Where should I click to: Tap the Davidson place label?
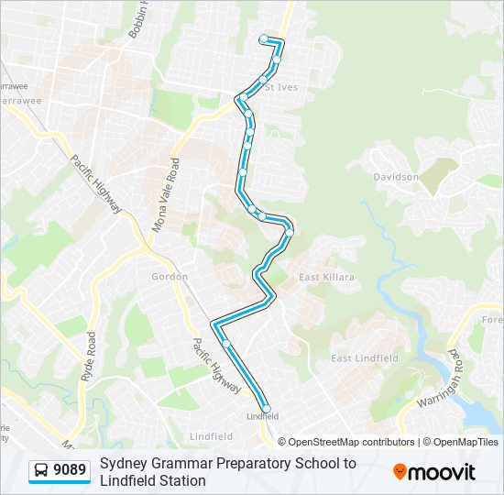396,177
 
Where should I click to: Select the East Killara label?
326,277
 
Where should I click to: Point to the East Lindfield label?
365,358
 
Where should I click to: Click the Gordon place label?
170,276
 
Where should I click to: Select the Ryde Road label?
88,357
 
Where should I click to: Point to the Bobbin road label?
139,18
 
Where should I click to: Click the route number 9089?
70,471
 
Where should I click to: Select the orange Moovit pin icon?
400,471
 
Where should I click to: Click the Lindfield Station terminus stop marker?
267,409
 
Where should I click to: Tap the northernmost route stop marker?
264,38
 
